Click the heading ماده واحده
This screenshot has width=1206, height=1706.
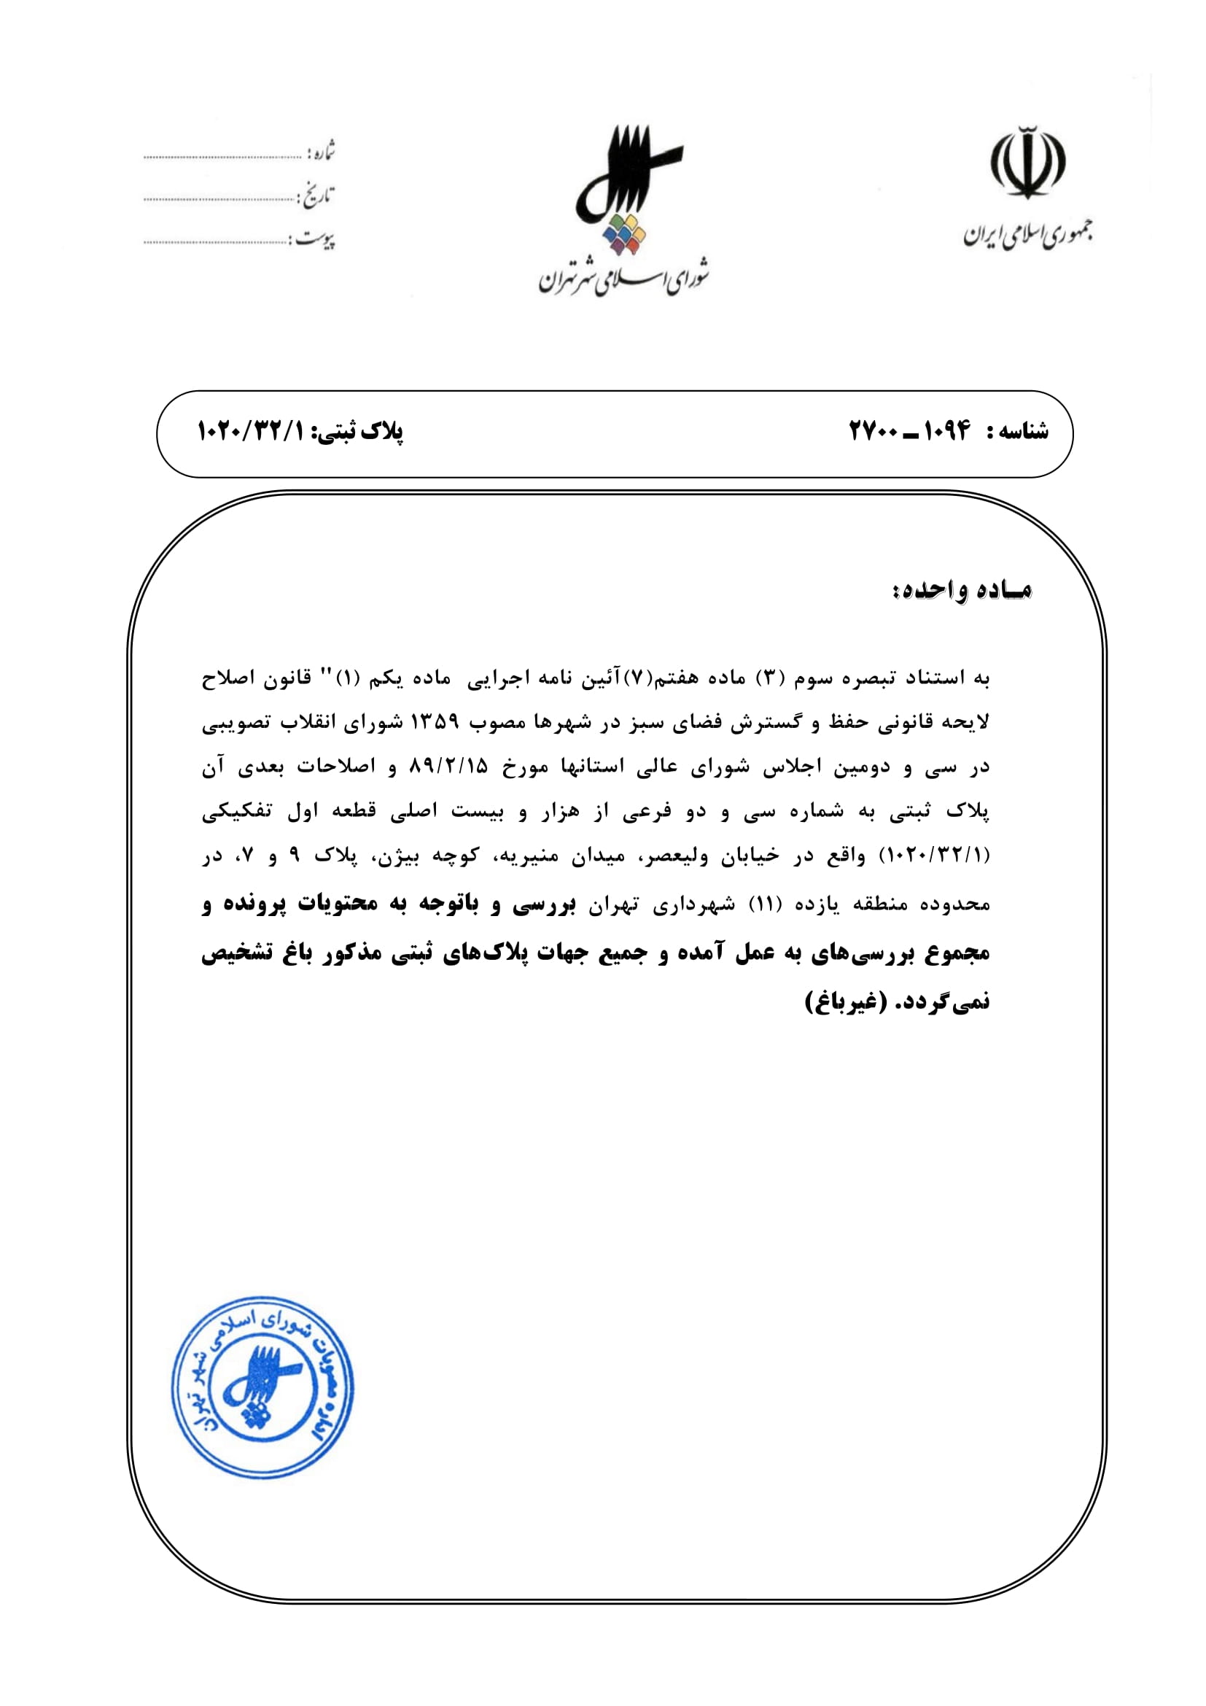tap(962, 590)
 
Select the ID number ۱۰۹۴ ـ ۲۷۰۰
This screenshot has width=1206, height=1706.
tap(910, 431)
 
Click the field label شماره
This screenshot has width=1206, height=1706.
tap(322, 152)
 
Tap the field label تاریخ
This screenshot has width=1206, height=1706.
tap(317, 196)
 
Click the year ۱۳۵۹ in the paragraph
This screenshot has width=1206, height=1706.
tap(435, 722)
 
